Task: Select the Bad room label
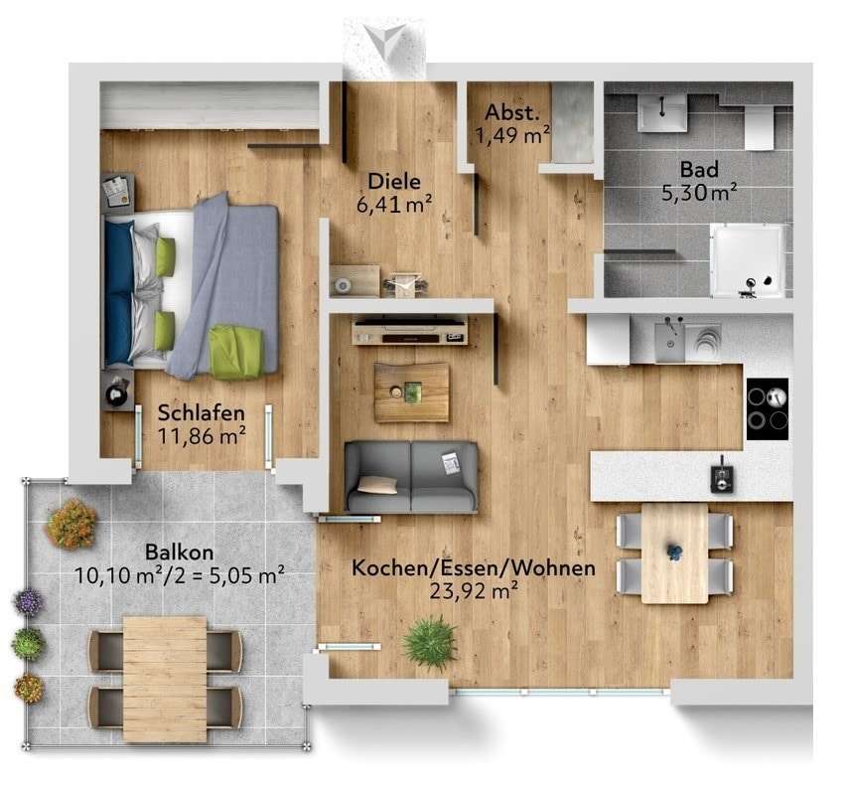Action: pyautogui.click(x=698, y=168)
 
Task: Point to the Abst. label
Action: pyautogui.click(x=511, y=113)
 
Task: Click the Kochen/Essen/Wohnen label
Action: pyautogui.click(x=474, y=569)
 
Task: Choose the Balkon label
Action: pyautogui.click(x=180, y=551)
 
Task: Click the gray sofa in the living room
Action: pyautogui.click(x=410, y=477)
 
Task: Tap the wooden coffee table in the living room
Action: pyautogui.click(x=411, y=392)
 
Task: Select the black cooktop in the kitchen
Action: pyautogui.click(x=767, y=408)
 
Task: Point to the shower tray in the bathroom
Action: pyautogui.click(x=749, y=259)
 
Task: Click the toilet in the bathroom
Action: pyautogui.click(x=759, y=126)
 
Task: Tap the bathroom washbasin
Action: pyautogui.click(x=662, y=113)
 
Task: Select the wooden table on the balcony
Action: pyautogui.click(x=165, y=664)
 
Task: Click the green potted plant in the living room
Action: pyautogui.click(x=430, y=643)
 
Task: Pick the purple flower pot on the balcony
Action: pyautogui.click(x=28, y=601)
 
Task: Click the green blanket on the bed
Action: pyautogui.click(x=236, y=352)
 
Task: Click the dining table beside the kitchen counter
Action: pyautogui.click(x=674, y=553)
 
